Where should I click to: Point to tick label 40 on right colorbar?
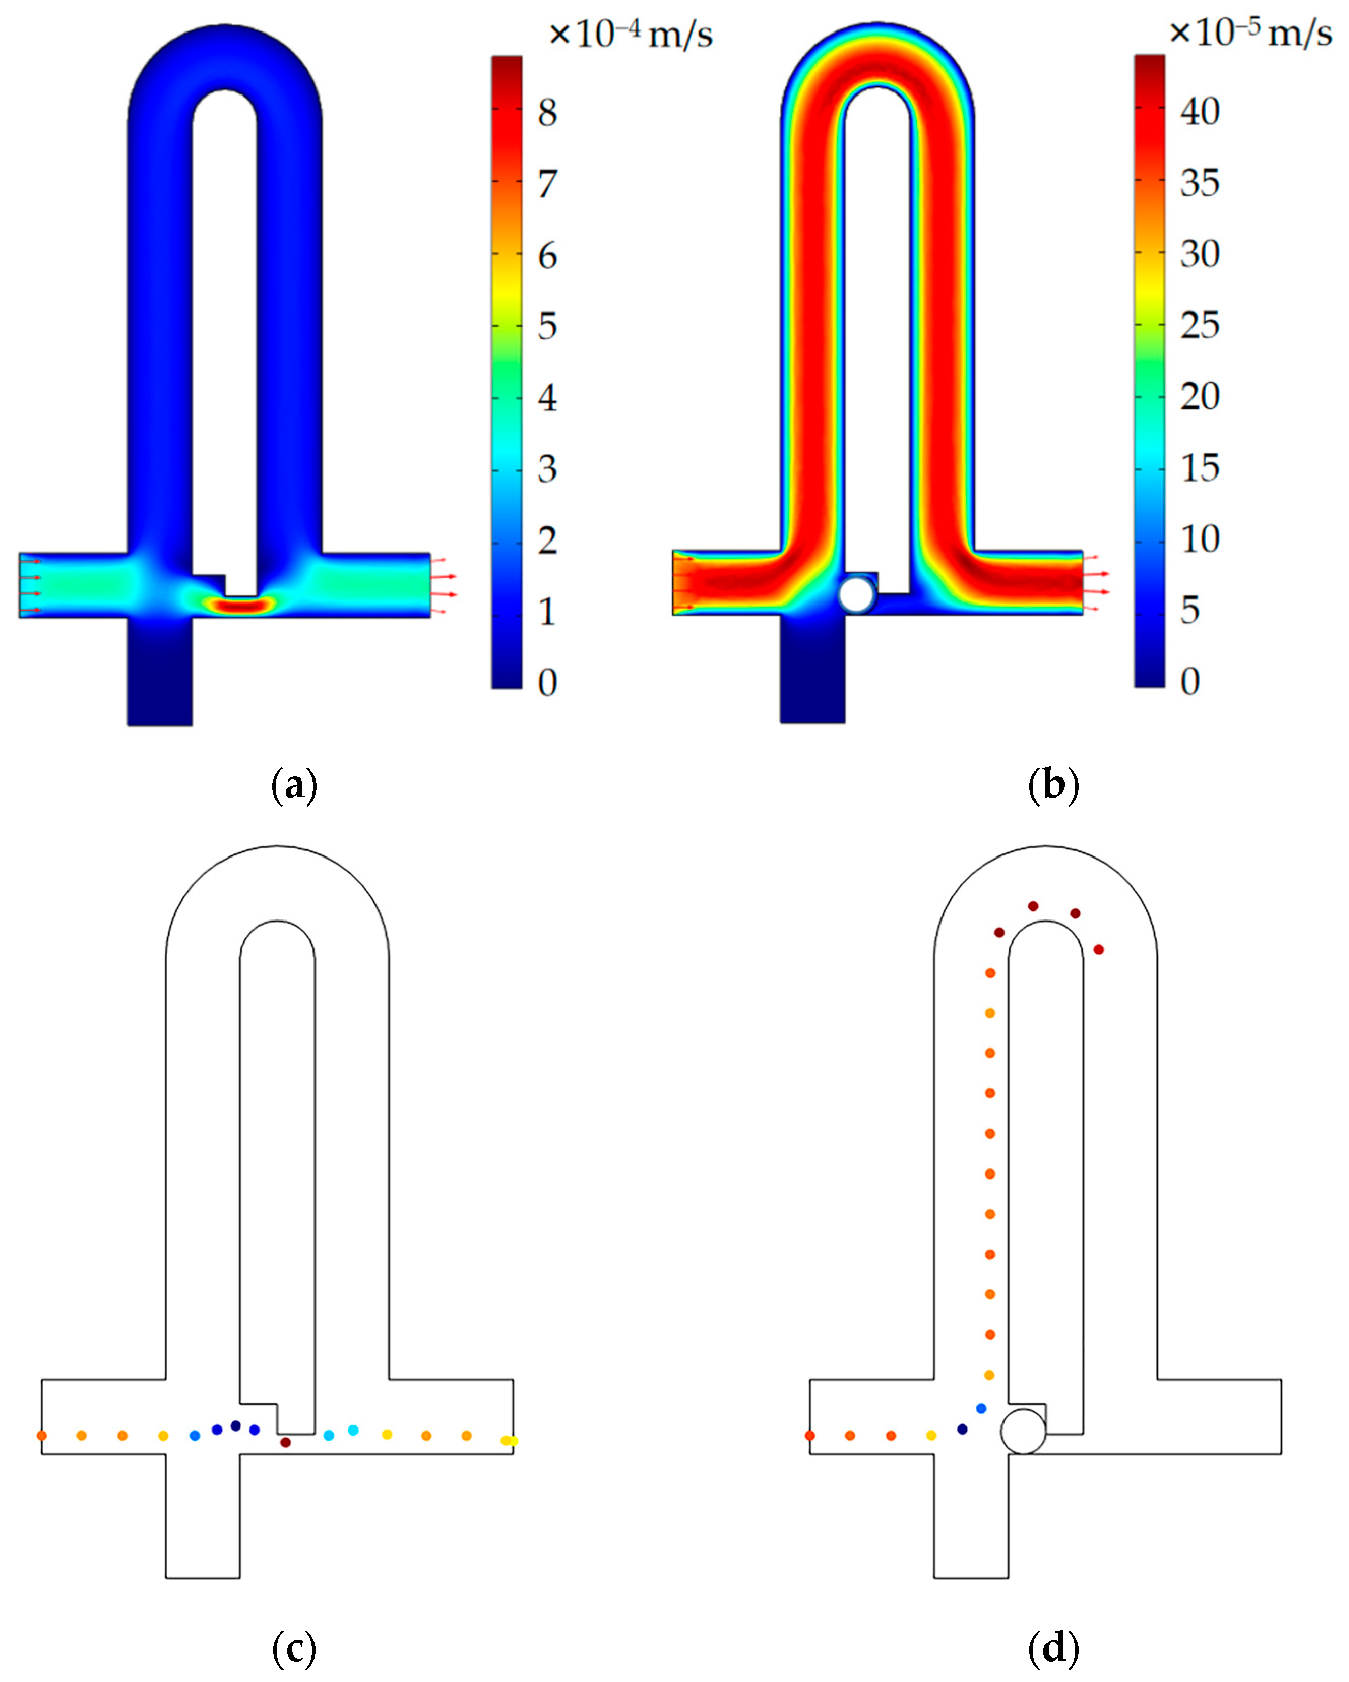pyautogui.click(x=1199, y=112)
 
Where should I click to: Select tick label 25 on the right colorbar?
pyautogui.click(x=1199, y=325)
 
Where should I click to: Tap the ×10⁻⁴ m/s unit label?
pyautogui.click(x=631, y=35)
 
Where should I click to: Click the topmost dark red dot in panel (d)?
pyautogui.click(x=1033, y=906)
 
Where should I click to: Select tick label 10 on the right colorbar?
pyautogui.click(x=1199, y=539)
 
